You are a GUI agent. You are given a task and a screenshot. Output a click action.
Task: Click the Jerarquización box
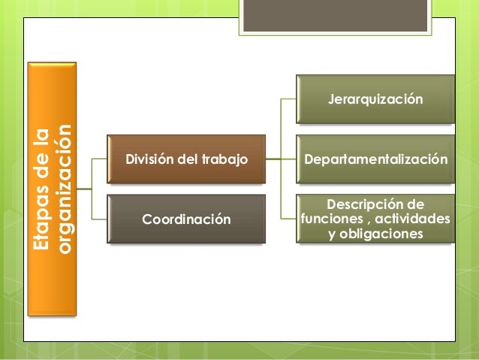pos(375,98)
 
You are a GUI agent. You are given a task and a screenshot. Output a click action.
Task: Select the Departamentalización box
pos(375,159)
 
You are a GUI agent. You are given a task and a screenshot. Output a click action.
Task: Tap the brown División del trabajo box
pos(185,159)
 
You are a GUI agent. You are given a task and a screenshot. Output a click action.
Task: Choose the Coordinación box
pos(185,219)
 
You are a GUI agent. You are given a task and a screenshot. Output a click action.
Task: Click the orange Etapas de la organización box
pos(51,192)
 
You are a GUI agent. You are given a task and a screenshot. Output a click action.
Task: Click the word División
pos(147,159)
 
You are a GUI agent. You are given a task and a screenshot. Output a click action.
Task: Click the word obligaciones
pos(382,234)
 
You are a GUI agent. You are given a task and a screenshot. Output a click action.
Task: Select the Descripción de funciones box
pos(375,219)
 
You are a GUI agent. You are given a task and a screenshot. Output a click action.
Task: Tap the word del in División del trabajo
pos(188,159)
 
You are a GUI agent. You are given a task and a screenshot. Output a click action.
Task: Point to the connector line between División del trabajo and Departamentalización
pos(282,159)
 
